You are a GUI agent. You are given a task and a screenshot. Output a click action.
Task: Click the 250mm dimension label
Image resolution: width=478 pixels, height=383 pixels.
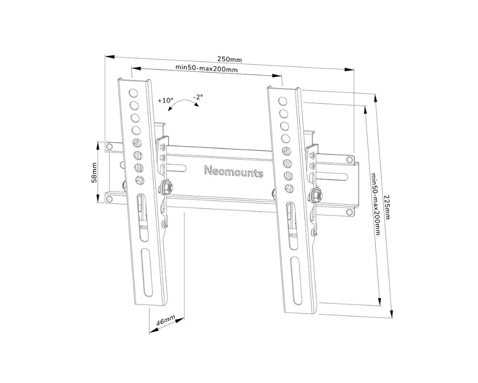tap(230, 59)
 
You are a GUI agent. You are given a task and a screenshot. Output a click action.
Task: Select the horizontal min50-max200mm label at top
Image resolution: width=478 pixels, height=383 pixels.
tap(206, 69)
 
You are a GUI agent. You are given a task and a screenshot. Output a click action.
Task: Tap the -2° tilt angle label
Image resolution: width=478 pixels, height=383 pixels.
tap(198, 97)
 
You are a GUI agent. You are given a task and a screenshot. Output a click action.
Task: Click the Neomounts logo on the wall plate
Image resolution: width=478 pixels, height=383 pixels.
tap(234, 172)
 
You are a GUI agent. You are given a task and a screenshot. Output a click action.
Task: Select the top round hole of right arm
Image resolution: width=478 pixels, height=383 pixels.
tap(282, 101)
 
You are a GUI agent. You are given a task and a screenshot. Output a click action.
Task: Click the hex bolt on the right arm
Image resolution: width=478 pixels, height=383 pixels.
tap(315, 195)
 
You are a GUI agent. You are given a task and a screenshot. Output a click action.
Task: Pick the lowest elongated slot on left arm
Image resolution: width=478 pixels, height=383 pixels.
tap(144, 271)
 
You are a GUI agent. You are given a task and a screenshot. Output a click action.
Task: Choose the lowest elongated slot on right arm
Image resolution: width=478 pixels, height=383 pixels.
tap(294, 278)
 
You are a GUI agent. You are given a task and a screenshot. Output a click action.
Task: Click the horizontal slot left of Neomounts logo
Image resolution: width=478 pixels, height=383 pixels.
tap(178, 168)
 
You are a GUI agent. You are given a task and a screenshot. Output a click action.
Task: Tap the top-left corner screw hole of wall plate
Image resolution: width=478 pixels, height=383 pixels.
tap(109, 145)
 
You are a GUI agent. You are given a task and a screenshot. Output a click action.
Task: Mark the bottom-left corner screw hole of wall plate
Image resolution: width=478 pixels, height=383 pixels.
tap(109, 197)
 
